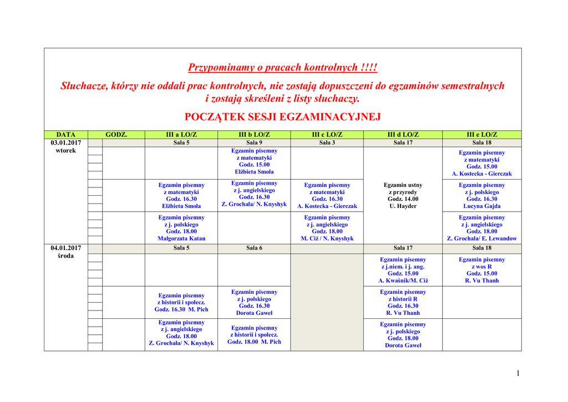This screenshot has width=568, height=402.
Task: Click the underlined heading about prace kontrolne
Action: point(282,68)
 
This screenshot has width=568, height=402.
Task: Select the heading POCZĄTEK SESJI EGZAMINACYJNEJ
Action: point(282,117)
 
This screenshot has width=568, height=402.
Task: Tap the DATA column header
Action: point(66,135)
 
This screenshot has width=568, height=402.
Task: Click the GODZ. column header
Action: point(116,135)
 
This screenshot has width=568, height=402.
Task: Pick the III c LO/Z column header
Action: point(327,135)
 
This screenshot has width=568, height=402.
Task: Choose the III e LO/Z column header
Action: point(481,135)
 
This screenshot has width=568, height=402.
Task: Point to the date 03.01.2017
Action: point(66,143)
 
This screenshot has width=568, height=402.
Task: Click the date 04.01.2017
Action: point(66,248)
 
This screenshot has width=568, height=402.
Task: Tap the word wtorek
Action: point(66,151)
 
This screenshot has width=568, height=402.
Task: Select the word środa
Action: point(66,256)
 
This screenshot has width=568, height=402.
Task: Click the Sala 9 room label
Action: point(254,143)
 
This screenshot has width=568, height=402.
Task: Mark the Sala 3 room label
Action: point(327,143)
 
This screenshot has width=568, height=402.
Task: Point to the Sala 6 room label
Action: point(254,248)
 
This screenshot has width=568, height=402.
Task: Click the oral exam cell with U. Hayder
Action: point(403,195)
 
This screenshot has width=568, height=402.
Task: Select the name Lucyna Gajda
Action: point(481,206)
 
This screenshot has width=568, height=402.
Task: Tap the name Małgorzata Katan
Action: point(181,238)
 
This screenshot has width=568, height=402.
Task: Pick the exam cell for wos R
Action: point(481,270)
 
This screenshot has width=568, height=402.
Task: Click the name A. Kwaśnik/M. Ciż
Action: point(403,281)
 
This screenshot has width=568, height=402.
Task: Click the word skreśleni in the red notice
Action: point(267,99)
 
